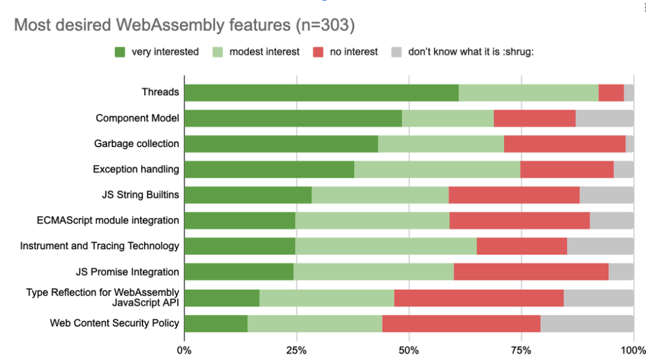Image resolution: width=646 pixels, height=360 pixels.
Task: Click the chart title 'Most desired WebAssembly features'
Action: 153,25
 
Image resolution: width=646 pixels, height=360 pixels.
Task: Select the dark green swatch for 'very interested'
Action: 120,52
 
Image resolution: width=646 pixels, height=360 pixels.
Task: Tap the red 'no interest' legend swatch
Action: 318,52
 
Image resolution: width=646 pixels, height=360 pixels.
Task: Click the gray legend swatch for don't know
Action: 397,52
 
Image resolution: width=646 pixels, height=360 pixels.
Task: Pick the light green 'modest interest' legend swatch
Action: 218,52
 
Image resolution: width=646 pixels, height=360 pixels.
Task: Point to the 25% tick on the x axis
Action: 297,350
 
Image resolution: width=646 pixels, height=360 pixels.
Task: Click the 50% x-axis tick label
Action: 409,350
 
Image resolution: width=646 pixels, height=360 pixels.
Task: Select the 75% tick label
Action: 521,350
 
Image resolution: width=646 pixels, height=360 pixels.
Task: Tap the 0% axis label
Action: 184,350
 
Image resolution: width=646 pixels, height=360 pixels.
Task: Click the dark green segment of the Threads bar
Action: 322,93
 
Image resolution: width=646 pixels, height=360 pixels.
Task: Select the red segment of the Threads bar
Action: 611,93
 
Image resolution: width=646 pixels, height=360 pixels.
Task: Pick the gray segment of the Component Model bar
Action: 605,118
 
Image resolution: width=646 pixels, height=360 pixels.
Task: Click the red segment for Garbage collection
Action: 565,144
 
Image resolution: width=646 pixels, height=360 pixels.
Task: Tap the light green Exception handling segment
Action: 437,169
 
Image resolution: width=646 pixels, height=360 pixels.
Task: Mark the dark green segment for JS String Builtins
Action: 248,195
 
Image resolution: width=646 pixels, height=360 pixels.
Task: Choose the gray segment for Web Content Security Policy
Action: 587,324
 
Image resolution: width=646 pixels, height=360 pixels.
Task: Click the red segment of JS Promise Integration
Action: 531,271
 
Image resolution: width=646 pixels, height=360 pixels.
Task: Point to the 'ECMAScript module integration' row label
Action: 108,221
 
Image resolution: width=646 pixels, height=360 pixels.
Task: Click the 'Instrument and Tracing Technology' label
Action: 100,246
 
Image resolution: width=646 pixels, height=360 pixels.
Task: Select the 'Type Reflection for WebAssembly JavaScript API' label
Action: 103,297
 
